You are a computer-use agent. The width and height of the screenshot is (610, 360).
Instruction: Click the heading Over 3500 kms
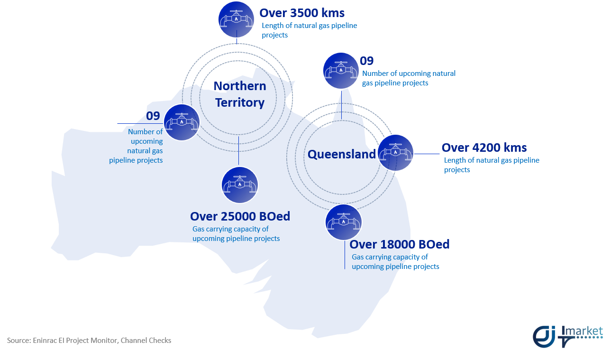click(x=302, y=13)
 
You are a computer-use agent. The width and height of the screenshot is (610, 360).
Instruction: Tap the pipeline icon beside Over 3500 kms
click(x=236, y=19)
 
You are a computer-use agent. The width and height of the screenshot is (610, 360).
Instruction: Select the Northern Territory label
click(x=240, y=94)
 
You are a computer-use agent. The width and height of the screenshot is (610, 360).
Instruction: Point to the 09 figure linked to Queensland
click(x=367, y=61)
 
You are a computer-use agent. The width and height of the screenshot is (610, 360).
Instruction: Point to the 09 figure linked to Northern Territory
click(x=153, y=116)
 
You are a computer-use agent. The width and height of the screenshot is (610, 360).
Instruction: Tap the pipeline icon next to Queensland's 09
click(x=341, y=71)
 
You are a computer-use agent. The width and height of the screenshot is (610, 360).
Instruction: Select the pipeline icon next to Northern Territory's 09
click(x=182, y=122)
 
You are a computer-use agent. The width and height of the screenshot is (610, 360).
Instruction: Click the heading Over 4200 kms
click(x=484, y=148)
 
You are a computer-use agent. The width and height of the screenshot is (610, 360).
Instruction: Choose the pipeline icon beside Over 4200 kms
click(x=396, y=153)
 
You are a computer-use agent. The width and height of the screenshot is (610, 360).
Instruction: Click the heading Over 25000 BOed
click(x=240, y=216)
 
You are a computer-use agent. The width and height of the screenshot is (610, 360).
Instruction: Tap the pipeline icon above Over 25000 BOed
click(x=240, y=185)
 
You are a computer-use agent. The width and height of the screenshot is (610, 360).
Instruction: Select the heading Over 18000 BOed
click(x=399, y=244)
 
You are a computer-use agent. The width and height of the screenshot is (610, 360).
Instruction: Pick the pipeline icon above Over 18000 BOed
click(x=344, y=222)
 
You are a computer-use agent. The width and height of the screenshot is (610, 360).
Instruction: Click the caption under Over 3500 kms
click(x=309, y=30)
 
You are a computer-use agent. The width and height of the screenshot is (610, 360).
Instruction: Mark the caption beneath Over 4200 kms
click(x=492, y=165)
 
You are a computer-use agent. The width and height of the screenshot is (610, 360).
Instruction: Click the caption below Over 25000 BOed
click(x=236, y=234)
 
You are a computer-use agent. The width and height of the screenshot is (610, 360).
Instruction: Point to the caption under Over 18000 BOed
click(x=395, y=262)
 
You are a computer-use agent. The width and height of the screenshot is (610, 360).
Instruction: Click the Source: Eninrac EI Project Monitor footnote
click(x=89, y=341)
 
